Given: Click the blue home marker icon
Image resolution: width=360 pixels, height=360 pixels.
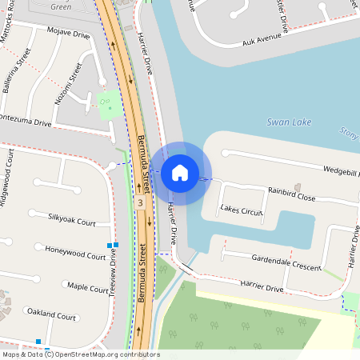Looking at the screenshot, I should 180,173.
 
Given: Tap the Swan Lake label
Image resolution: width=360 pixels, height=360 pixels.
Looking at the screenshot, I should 289,123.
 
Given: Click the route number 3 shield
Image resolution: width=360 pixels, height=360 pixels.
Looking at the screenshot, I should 140,203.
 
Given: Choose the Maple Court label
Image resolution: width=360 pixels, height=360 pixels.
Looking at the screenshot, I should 88,286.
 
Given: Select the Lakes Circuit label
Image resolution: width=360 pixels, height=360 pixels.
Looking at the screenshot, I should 242,211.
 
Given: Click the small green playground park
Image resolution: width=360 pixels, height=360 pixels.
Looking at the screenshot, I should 106,103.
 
